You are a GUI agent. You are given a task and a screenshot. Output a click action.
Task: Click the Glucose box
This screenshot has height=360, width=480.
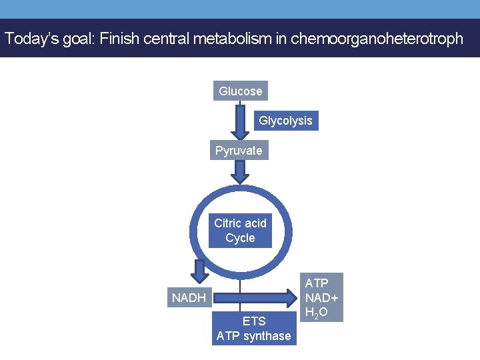(x=240, y=91)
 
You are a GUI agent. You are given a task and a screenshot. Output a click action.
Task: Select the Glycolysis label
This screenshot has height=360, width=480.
(x=285, y=121)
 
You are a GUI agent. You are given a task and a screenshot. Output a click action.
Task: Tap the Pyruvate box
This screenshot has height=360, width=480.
(x=239, y=151)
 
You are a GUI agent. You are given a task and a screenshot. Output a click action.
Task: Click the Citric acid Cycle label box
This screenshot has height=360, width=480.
(x=240, y=231)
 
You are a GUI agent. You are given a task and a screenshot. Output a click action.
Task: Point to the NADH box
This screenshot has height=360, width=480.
(x=189, y=297)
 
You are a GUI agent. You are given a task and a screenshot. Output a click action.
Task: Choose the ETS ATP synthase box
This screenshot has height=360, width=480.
(x=253, y=329)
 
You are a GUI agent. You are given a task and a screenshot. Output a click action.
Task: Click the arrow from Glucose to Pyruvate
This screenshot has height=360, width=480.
(x=240, y=121)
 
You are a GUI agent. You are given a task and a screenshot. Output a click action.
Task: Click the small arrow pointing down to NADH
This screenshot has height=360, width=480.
(x=199, y=271)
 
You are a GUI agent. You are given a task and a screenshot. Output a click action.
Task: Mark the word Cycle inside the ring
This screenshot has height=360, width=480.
(x=240, y=238)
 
